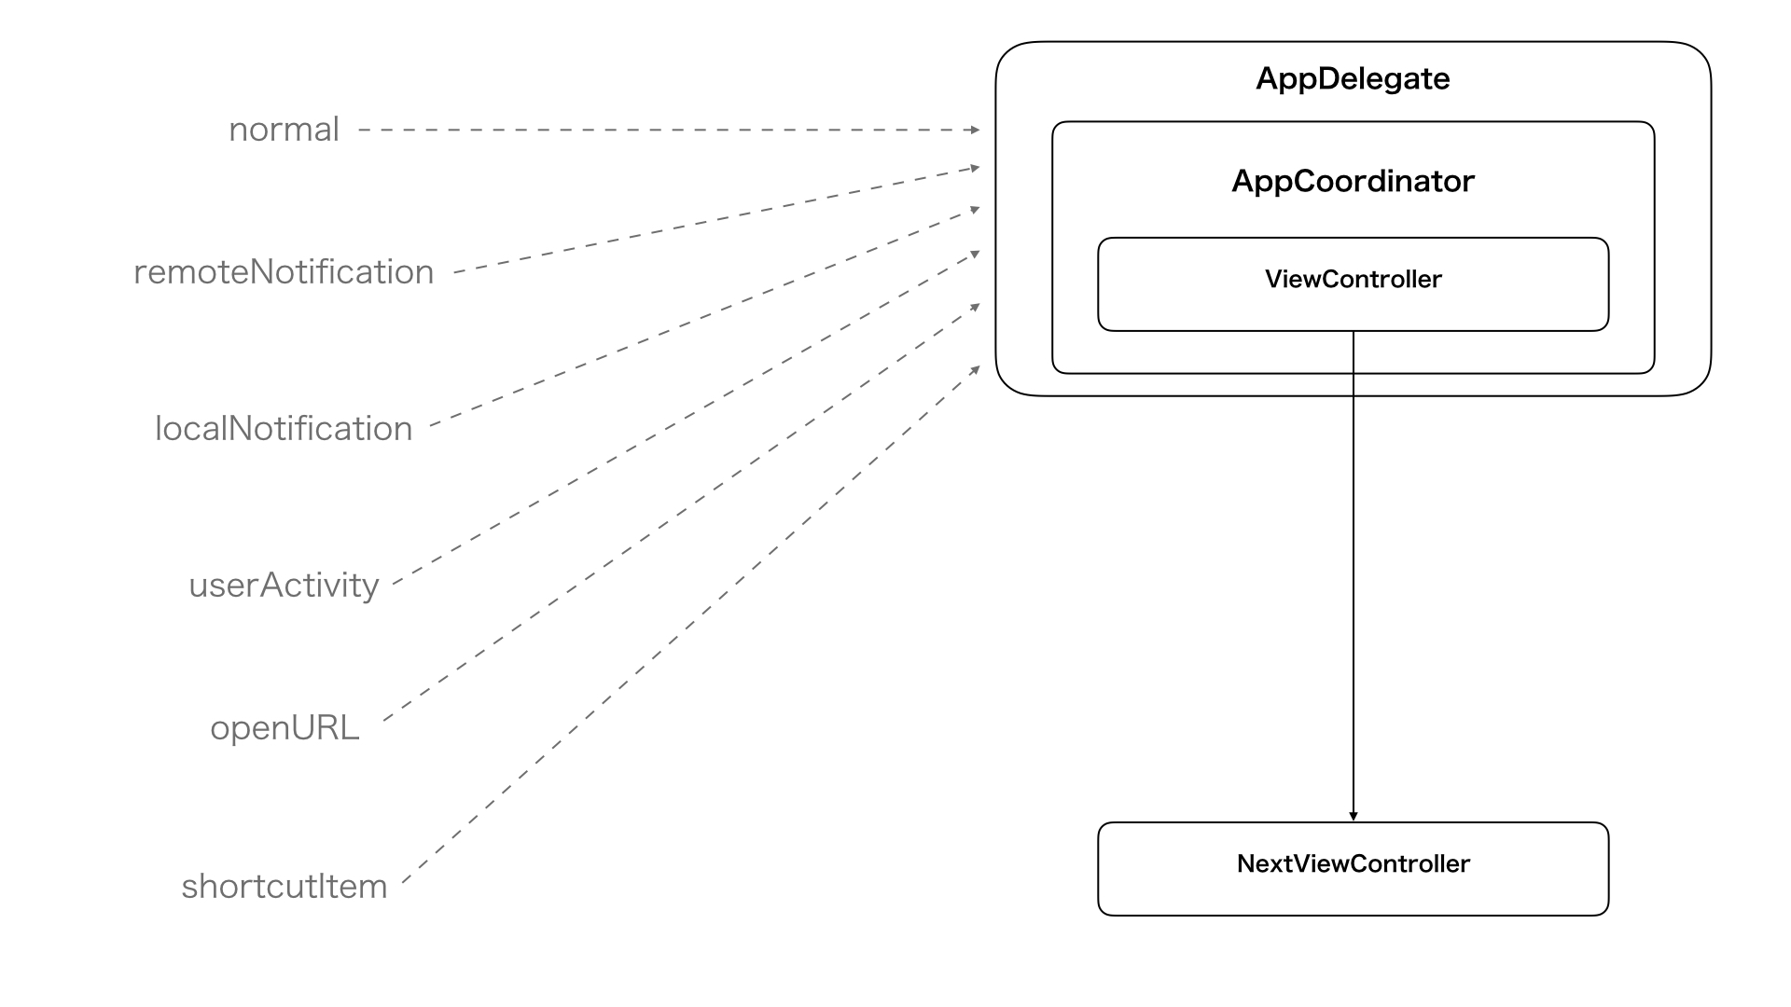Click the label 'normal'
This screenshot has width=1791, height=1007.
(284, 130)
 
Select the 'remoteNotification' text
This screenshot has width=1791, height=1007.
(284, 272)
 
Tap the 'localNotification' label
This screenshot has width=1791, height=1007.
(284, 429)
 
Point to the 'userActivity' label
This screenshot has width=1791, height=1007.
(284, 586)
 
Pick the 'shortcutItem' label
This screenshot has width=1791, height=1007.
(285, 886)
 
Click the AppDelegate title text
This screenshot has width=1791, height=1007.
(1353, 79)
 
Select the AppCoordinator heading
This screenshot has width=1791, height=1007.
(1353, 181)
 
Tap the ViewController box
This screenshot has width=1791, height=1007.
(1354, 284)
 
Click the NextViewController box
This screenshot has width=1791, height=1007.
(1354, 869)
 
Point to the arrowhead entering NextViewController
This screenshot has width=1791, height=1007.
(1354, 817)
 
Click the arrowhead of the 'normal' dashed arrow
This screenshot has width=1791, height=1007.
(976, 130)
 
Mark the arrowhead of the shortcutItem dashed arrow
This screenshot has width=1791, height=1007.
(976, 370)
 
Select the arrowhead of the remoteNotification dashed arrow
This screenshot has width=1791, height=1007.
(976, 169)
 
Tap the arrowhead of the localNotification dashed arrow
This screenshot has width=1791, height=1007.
(976, 210)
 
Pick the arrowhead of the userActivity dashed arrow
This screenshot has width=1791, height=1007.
(976, 253)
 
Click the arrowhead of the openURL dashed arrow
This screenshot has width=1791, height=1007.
(976, 306)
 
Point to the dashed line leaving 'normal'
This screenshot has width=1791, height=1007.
(669, 130)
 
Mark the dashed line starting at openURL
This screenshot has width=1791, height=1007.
(681, 513)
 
